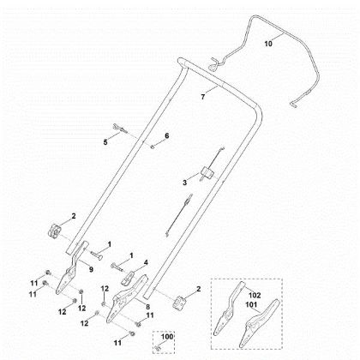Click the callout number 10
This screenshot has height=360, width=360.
(268, 41)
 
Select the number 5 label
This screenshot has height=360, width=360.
(105, 141)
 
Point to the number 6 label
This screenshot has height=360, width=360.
(167, 136)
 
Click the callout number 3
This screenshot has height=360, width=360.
(184, 182)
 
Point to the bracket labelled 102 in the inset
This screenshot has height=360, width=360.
(234, 309)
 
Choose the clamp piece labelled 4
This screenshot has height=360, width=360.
(131, 276)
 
